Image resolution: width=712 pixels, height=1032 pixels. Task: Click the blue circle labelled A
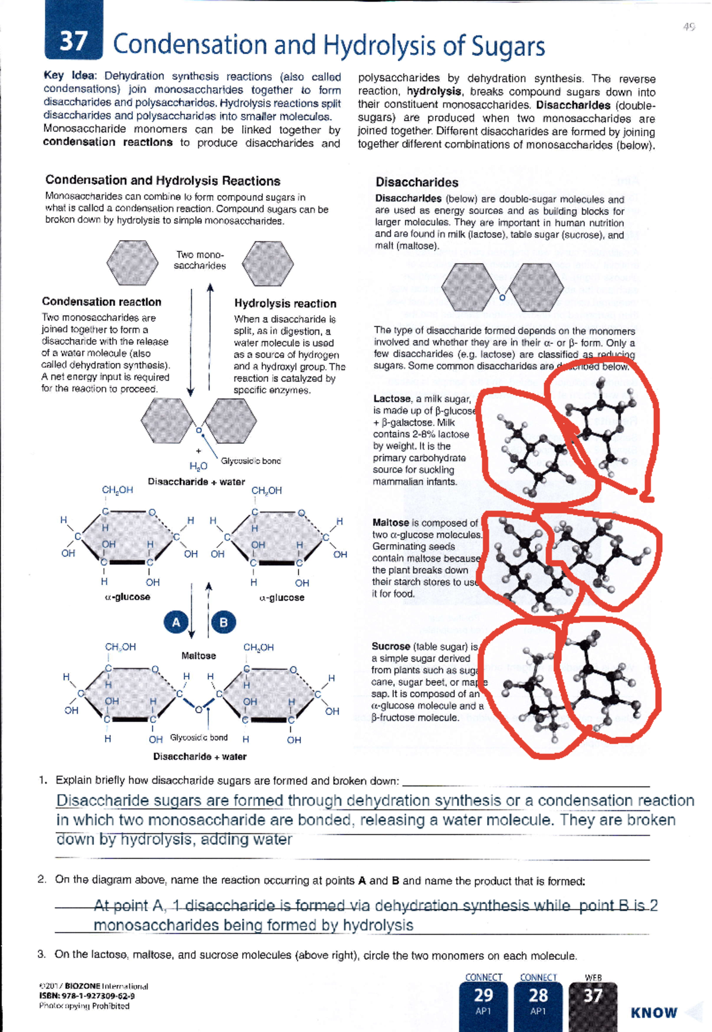(176, 622)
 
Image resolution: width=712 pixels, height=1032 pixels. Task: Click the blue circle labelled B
(224, 622)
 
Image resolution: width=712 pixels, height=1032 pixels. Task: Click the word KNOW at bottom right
(654, 1012)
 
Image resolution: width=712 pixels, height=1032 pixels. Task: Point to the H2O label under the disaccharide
(198, 466)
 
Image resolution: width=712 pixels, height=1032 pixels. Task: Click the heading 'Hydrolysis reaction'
(285, 303)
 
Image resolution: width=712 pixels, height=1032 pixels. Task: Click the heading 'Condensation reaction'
(101, 302)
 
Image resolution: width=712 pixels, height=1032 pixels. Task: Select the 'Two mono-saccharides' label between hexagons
(200, 260)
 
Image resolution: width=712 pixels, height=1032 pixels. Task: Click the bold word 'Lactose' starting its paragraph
(392, 399)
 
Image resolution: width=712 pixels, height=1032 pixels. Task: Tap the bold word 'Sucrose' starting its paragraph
(390, 646)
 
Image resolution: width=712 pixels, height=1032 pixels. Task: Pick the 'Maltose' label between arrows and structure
(199, 656)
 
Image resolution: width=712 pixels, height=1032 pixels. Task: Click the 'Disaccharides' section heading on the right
(417, 183)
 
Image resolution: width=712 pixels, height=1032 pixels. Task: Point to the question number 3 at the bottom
(41, 954)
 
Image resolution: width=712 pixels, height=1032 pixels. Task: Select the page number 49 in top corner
(688, 27)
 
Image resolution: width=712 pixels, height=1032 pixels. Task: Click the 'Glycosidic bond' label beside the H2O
(250, 461)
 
